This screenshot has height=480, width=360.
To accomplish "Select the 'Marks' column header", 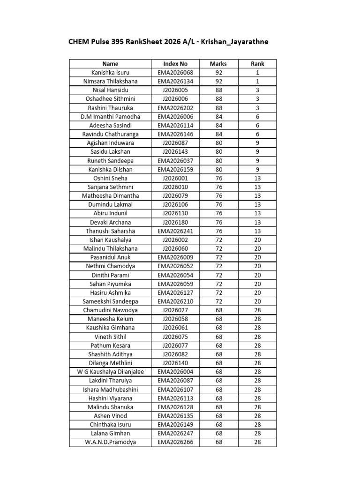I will (x=219, y=64).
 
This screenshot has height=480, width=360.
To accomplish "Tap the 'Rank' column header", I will (x=257, y=64).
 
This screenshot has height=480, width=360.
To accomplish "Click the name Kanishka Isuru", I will (x=111, y=73).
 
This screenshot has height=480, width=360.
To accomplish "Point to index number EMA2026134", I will (x=175, y=82).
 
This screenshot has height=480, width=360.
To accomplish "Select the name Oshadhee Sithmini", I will (x=111, y=99).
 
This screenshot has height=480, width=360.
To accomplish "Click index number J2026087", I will (x=175, y=143).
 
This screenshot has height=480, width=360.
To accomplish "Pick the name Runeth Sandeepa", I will (x=111, y=161).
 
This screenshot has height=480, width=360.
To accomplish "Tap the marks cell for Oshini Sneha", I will (x=219, y=178).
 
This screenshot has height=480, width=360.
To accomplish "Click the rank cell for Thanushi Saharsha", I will (x=257, y=231).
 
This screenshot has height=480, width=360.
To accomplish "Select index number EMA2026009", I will (x=175, y=257).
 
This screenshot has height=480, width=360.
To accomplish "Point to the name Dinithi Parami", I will (x=111, y=275).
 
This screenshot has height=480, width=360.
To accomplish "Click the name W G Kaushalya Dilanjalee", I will (x=111, y=372).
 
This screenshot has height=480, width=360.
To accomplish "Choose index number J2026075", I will (x=175, y=337).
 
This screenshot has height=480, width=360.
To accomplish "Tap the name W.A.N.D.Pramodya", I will (x=111, y=442).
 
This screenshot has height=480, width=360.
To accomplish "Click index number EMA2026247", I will (x=175, y=434).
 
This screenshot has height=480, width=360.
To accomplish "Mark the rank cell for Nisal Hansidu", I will (x=257, y=90).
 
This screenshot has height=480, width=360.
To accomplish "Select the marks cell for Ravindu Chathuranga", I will (x=219, y=134).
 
